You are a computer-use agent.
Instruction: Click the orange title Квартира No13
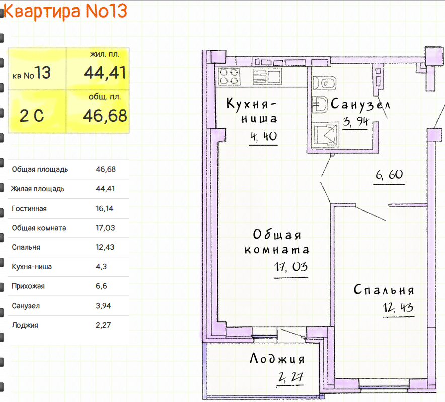click(x=65, y=11)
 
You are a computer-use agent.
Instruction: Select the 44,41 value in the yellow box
click(x=105, y=73)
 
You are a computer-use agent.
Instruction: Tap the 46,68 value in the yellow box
click(x=105, y=116)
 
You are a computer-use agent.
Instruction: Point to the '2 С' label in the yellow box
click(x=32, y=117)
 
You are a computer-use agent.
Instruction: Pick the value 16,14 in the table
click(x=105, y=209)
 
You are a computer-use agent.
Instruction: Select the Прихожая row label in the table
click(x=28, y=286)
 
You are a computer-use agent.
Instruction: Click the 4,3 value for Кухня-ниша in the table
click(x=101, y=267)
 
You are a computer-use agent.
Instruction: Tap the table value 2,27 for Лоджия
click(x=103, y=325)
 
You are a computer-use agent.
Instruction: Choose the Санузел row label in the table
click(x=26, y=306)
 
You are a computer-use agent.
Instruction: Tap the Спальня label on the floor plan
click(x=384, y=290)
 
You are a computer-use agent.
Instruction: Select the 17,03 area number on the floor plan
click(x=290, y=267)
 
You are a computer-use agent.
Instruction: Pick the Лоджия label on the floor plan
click(x=277, y=359)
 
